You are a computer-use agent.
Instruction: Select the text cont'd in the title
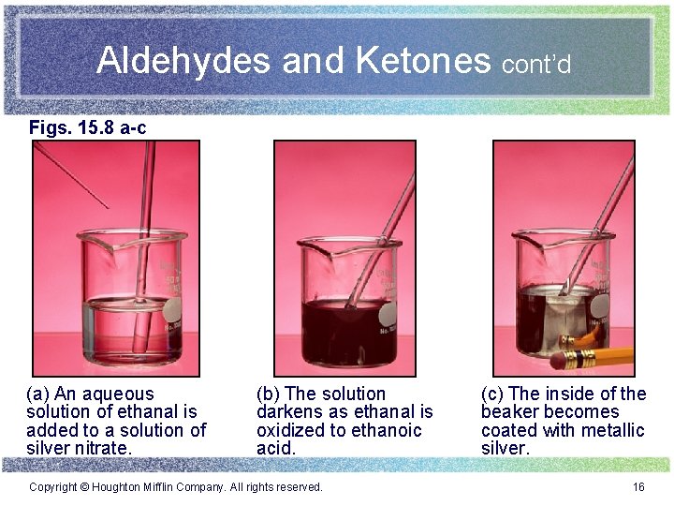[x=536, y=65]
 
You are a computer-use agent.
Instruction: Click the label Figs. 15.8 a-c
[x=87, y=126]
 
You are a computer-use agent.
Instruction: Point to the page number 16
[x=638, y=486]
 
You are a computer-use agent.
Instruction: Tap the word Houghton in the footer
[x=116, y=486]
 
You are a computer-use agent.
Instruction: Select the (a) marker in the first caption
[x=38, y=394]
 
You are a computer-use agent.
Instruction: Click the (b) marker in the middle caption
[x=268, y=394]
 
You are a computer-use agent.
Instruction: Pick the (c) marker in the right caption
[x=492, y=394]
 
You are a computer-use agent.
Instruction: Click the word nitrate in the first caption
[x=104, y=448]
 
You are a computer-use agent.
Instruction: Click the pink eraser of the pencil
[x=560, y=359]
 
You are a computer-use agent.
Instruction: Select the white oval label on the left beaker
[x=174, y=313]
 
